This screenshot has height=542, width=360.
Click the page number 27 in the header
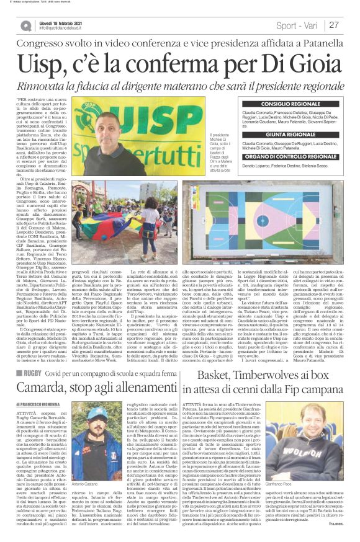coord(334,25)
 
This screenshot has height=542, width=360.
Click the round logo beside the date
coord(25,25)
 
